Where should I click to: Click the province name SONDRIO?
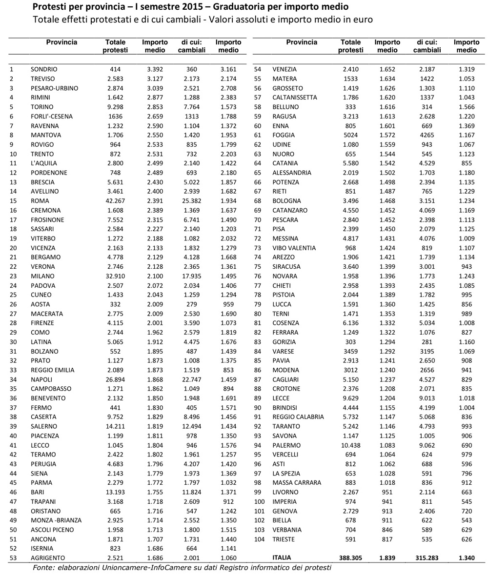[44, 69]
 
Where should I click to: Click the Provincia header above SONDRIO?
[61, 42]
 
